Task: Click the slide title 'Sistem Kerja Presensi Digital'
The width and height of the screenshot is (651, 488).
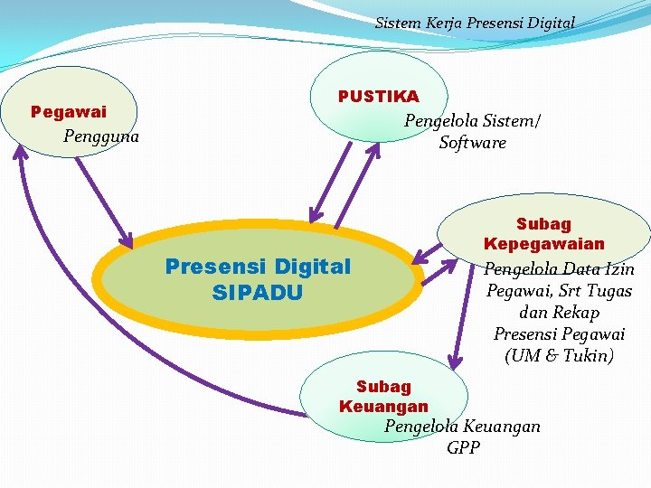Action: click(x=475, y=22)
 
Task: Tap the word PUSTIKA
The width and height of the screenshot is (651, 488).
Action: click(x=378, y=97)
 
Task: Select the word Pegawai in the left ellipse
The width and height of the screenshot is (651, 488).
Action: click(x=69, y=112)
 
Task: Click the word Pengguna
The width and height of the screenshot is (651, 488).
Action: click(x=101, y=136)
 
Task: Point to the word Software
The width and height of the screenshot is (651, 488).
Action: click(x=472, y=143)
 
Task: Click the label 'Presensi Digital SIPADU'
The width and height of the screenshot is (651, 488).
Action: click(x=257, y=279)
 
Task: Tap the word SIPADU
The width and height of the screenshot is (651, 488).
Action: click(x=257, y=293)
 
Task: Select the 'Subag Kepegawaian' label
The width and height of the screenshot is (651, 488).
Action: click(x=544, y=233)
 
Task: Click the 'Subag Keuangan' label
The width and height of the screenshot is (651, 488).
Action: click(x=383, y=397)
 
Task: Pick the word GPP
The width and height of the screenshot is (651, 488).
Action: click(x=463, y=447)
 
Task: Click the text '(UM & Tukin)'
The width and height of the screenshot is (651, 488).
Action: click(x=559, y=356)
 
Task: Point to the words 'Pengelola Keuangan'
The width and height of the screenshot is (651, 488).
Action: click(x=462, y=426)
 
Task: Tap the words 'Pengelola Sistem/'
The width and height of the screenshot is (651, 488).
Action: click(x=472, y=121)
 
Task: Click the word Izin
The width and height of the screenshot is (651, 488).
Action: click(x=618, y=269)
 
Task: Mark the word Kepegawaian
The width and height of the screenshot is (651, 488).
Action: click(x=544, y=244)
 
